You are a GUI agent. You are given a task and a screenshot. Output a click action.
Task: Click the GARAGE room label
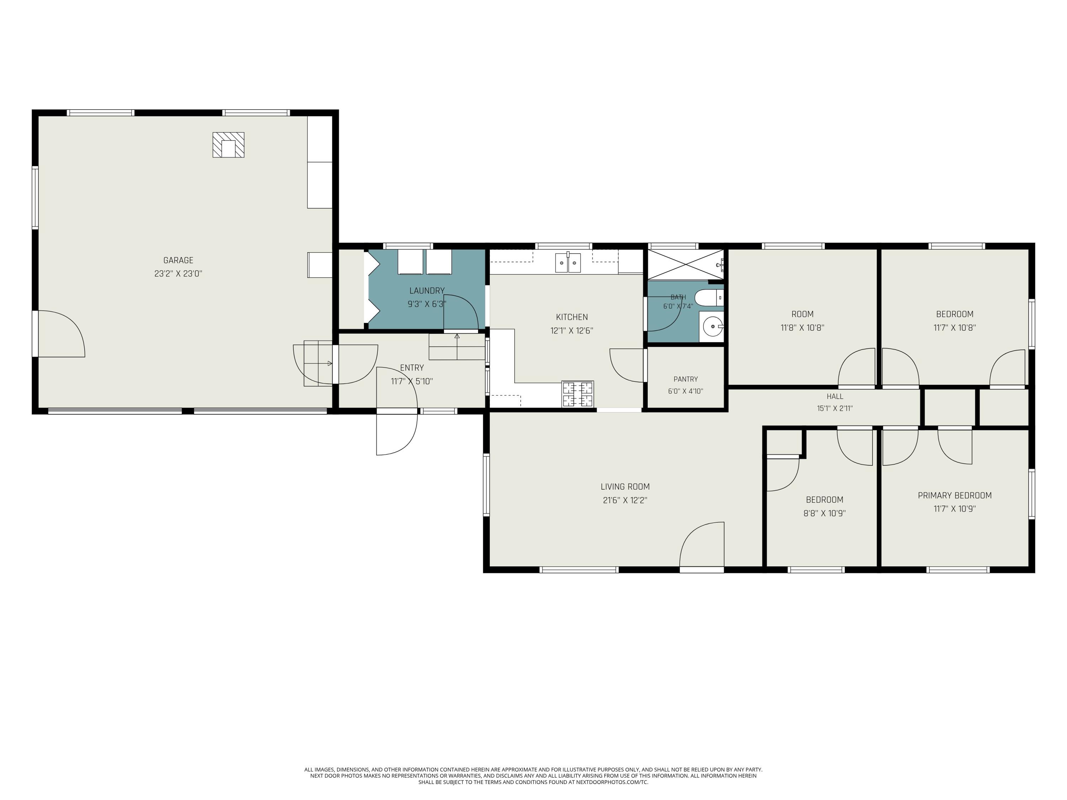[178, 260]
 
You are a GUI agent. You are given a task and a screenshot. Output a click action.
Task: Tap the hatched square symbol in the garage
[228, 145]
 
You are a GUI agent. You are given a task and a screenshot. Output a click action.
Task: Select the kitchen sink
[568, 263]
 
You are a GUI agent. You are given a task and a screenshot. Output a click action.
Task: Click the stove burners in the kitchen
[577, 394]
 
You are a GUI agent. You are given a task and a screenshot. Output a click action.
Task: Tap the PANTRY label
[685, 379]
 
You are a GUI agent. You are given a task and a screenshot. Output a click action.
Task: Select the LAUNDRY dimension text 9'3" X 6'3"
[426, 304]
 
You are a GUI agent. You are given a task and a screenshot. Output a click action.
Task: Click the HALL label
[835, 396]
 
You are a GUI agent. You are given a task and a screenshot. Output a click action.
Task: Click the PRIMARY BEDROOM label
[955, 495]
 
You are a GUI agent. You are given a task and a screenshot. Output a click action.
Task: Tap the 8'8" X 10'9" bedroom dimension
[824, 513]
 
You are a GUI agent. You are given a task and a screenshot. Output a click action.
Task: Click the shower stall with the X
[685, 264]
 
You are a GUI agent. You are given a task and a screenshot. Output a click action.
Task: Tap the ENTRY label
[412, 368]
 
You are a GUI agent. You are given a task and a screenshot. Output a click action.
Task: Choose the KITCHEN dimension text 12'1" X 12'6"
[572, 331]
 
